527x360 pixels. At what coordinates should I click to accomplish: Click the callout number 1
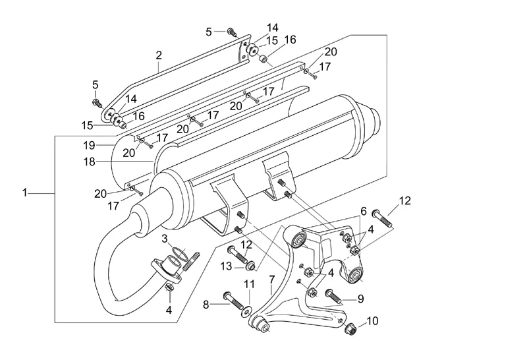point(24,193)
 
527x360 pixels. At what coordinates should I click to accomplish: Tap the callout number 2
point(159,56)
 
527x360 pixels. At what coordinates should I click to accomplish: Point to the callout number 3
point(165,237)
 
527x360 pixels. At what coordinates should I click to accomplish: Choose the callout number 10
point(374,322)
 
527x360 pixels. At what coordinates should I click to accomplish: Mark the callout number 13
point(226,266)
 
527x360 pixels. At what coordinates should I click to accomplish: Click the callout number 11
point(249,284)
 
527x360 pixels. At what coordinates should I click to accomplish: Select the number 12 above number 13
point(246,245)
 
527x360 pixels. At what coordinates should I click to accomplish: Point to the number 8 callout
point(206,305)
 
